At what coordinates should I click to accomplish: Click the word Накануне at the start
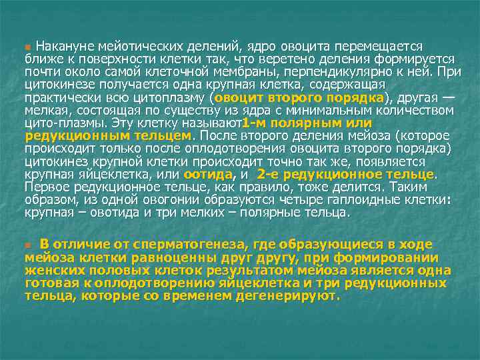tap(64, 47)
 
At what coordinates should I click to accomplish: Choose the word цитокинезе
tap(56, 84)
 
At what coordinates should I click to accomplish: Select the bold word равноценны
tap(141, 257)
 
